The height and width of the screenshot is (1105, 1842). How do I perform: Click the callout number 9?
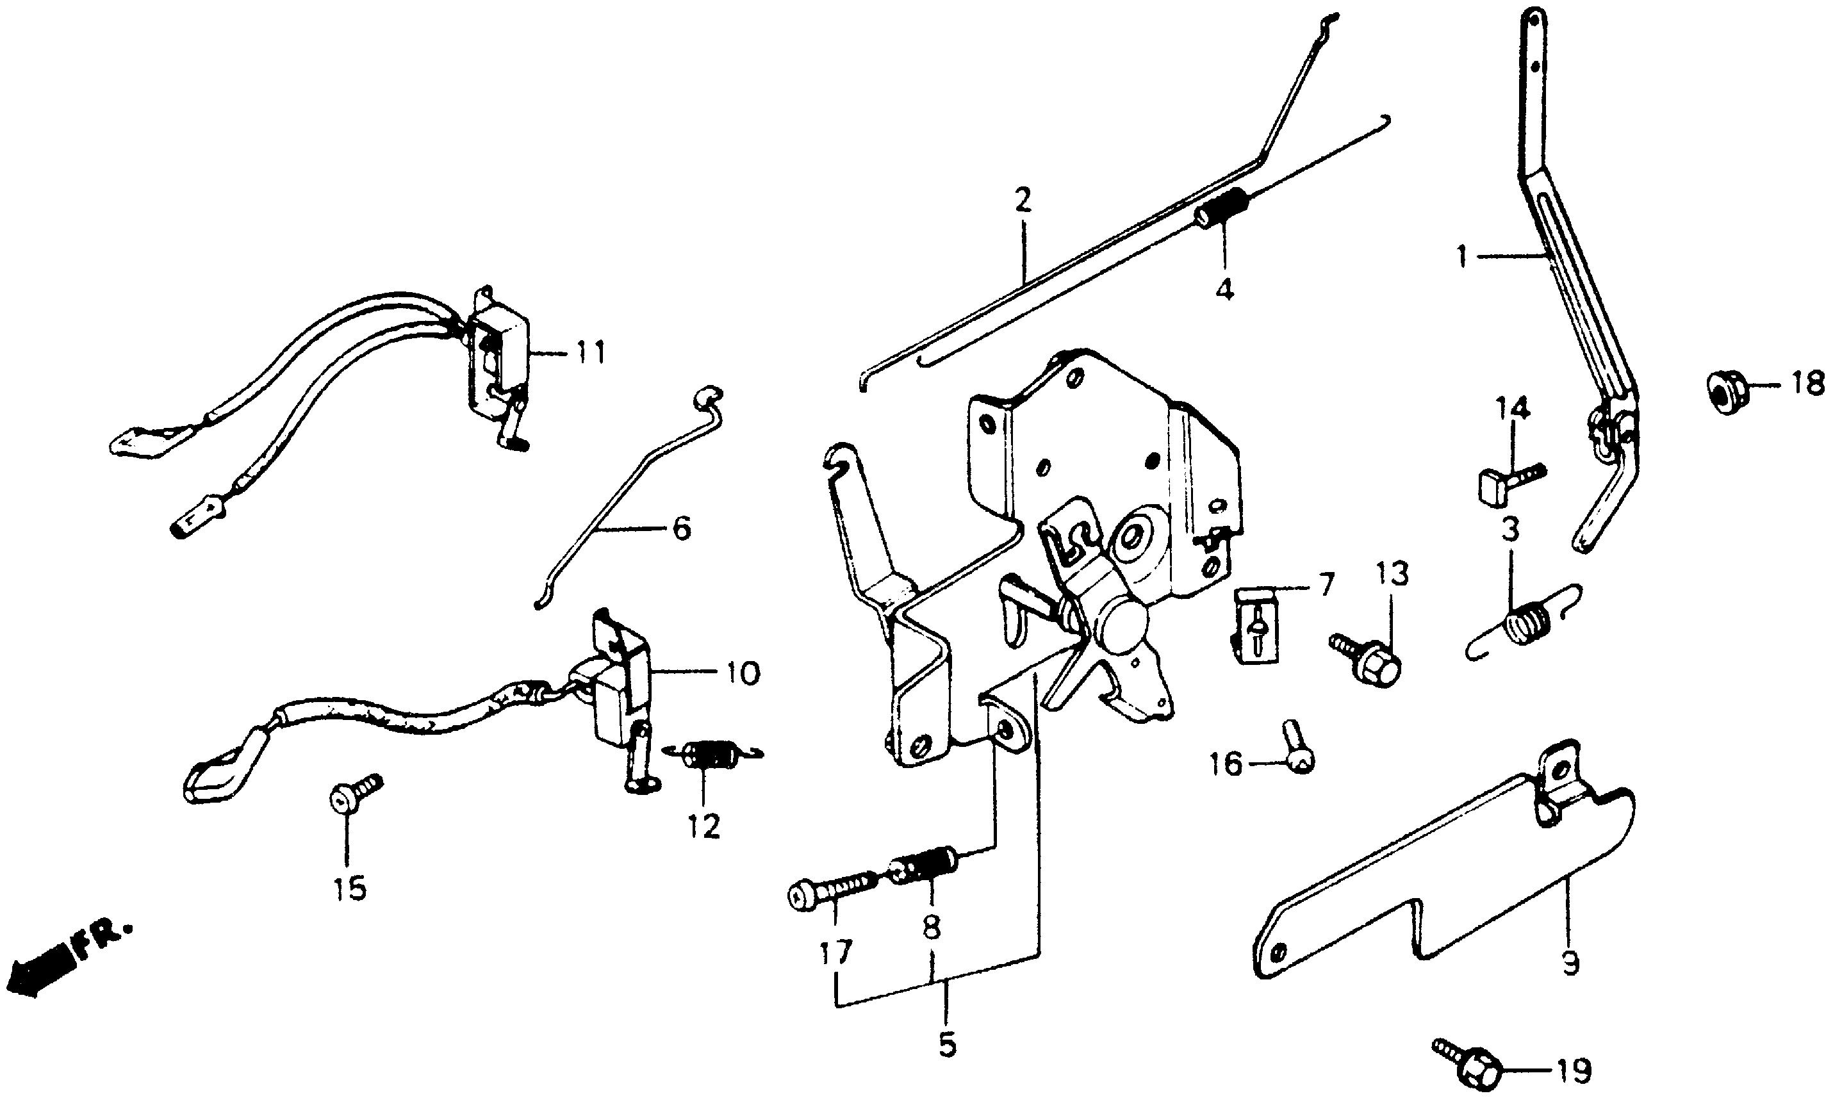[x=1570, y=964]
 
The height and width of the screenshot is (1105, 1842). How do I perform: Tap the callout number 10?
[x=739, y=673]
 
